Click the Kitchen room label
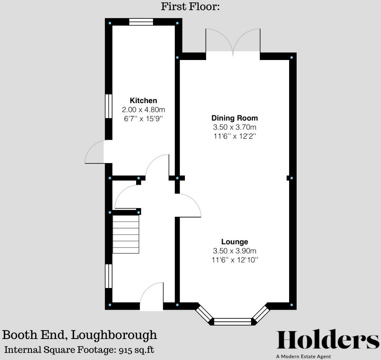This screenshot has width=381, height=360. tap(143, 100)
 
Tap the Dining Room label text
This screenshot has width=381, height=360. tap(235, 118)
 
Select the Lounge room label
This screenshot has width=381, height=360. tap(235, 242)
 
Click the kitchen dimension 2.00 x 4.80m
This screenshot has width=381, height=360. tap(143, 110)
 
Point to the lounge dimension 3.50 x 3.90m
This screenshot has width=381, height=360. tap(235, 251)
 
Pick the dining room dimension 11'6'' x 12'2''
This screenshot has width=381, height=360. tap(235, 136)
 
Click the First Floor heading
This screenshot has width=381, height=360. tap(190, 6)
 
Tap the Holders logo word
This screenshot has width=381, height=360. tap(328, 340)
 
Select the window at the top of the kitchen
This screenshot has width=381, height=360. tap(141, 22)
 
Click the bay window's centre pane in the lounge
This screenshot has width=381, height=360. tap(232, 321)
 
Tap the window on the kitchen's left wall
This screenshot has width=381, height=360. tap(108, 106)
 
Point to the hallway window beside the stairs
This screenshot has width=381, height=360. tap(108, 276)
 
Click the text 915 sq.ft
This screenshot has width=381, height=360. tap(136, 350)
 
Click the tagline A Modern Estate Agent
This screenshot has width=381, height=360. tap(303, 357)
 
